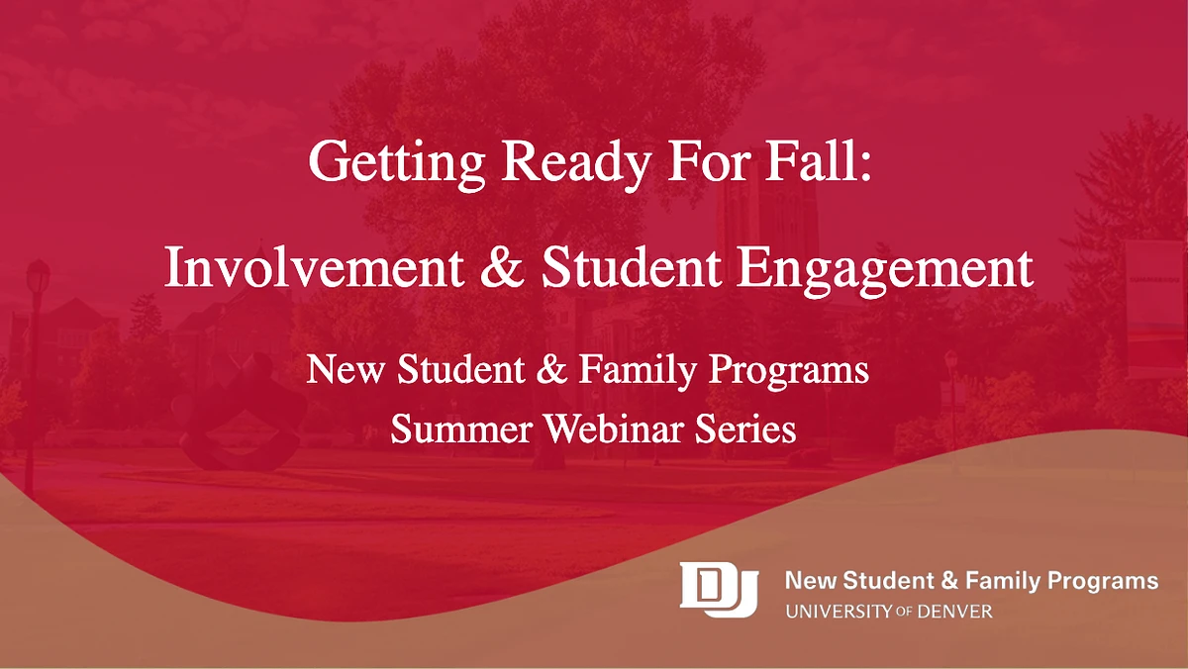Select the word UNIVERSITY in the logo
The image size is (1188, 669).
[x=837, y=612]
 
